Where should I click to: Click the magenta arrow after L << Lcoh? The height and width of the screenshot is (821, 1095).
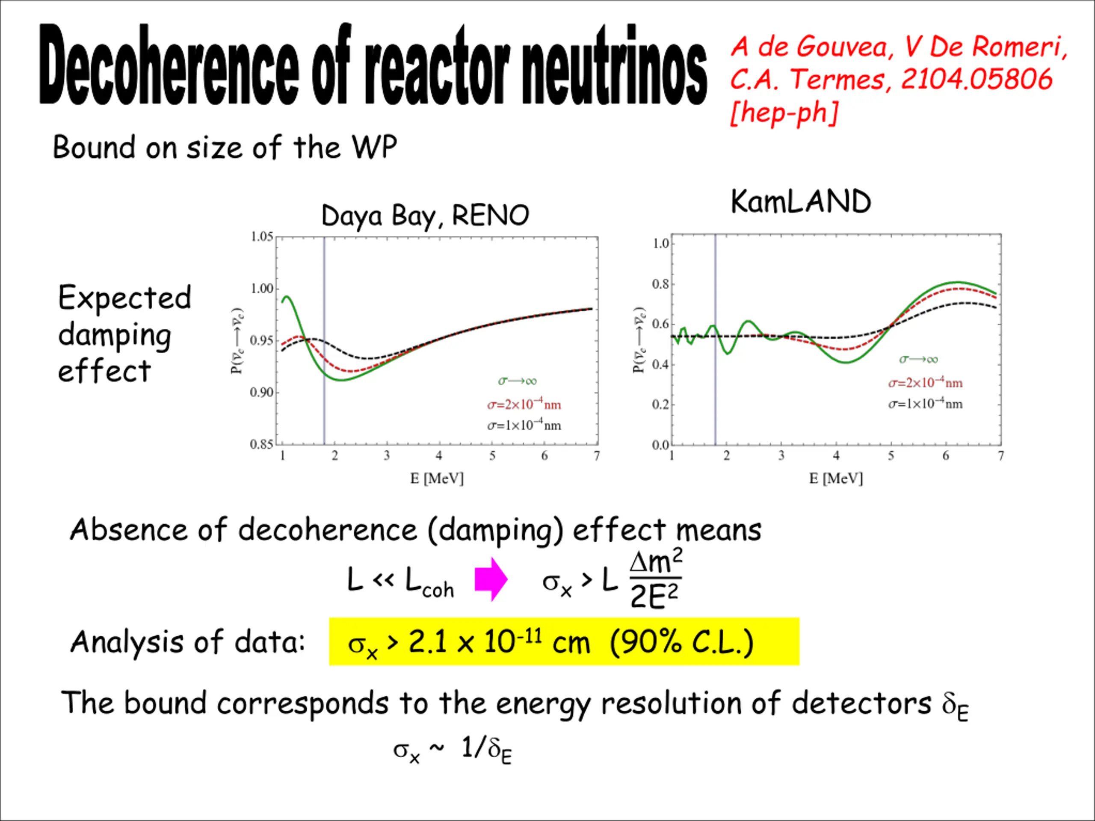click(x=490, y=579)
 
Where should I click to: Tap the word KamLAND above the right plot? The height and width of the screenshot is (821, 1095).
click(x=800, y=202)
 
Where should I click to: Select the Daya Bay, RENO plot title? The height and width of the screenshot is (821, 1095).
click(x=425, y=216)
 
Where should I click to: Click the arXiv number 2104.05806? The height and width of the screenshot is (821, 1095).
click(x=976, y=79)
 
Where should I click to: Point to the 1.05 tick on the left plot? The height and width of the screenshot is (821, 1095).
click(x=262, y=237)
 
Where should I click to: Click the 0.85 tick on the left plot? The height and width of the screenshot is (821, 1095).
click(x=262, y=444)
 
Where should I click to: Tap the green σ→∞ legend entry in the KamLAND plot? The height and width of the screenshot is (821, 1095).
click(x=918, y=360)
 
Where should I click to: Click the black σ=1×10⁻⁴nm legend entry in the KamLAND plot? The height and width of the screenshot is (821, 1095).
click(x=925, y=404)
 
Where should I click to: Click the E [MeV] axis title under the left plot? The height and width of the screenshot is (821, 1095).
click(x=437, y=478)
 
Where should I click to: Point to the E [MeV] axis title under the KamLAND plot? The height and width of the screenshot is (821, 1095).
click(x=836, y=478)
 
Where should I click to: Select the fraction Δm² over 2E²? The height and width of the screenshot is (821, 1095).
click(x=655, y=579)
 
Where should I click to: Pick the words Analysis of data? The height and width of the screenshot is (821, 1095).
click(x=188, y=642)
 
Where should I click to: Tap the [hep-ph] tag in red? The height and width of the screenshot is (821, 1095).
click(x=784, y=113)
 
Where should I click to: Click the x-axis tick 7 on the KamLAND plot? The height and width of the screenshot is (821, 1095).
click(x=1001, y=456)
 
